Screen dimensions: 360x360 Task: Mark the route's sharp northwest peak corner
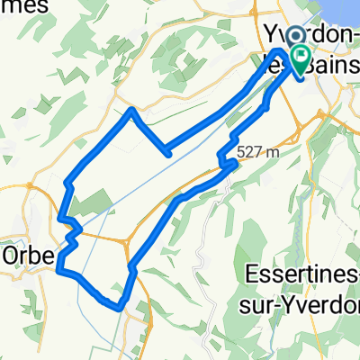[x=132, y=110]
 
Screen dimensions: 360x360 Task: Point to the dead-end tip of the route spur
[x=170, y=154]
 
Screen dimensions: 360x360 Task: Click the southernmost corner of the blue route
[x=119, y=307]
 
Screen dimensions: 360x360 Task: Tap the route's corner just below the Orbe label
[x=59, y=268]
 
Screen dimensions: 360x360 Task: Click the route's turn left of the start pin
[x=280, y=53]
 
